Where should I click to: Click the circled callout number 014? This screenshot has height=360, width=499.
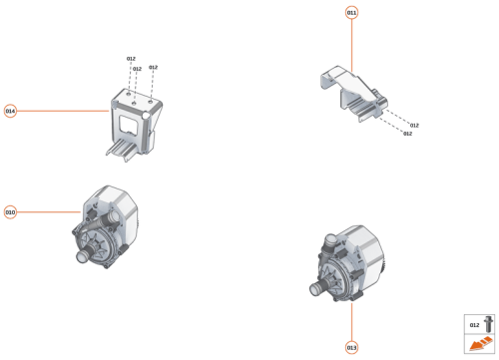(10, 111)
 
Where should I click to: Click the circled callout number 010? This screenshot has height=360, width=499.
(10, 212)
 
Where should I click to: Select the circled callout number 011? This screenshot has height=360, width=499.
(351, 13)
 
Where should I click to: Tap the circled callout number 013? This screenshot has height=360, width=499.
(351, 347)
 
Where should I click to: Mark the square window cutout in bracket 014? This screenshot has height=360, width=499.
(131, 125)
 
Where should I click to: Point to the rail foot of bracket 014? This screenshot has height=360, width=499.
(122, 151)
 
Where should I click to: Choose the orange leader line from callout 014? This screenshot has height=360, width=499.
(60, 111)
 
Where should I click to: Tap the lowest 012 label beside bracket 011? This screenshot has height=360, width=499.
(407, 133)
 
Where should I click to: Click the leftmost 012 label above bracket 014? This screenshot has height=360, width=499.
(131, 60)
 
